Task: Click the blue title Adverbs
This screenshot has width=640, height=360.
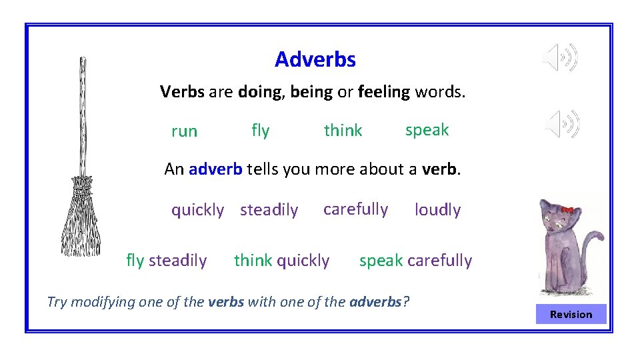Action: (x=315, y=60)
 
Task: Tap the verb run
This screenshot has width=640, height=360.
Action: (x=184, y=131)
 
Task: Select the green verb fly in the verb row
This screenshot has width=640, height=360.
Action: (x=260, y=131)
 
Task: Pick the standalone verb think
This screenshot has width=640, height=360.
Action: (x=343, y=131)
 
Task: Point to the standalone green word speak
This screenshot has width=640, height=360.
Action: (x=427, y=130)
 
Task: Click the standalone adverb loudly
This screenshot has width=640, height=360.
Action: (x=437, y=210)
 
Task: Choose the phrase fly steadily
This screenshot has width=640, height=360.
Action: (x=166, y=261)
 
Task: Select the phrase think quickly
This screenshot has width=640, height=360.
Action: (x=281, y=261)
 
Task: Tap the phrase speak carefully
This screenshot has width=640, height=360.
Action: (x=415, y=261)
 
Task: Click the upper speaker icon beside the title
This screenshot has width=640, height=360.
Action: (x=560, y=58)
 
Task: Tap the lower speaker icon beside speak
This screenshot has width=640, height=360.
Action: (x=562, y=124)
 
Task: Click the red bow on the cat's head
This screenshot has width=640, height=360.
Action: (x=567, y=209)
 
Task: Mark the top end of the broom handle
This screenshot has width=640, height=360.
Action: (x=83, y=60)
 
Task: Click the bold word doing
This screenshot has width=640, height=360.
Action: (x=258, y=92)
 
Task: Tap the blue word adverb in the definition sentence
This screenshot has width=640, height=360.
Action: (x=215, y=169)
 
